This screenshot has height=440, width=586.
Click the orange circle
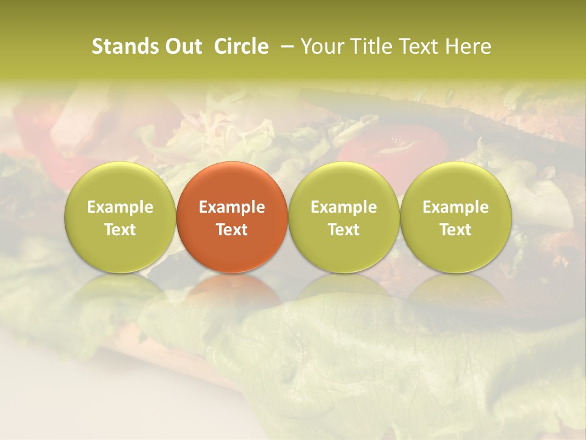pyautogui.click(x=232, y=217)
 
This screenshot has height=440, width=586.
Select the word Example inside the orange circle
pyautogui.click(x=232, y=207)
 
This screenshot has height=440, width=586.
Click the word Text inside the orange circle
pyautogui.click(x=232, y=230)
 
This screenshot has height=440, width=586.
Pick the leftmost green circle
pyautogui.click(x=120, y=217)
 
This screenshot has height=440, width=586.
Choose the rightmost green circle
pyautogui.click(x=456, y=217)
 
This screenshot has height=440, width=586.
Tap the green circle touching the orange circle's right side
pyautogui.click(x=344, y=217)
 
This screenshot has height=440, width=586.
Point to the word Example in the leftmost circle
pyautogui.click(x=120, y=207)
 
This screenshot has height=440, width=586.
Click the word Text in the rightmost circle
pyautogui.click(x=456, y=230)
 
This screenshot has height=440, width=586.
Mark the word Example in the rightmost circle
pyautogui.click(x=456, y=207)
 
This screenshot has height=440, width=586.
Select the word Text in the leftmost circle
pyautogui.click(x=120, y=230)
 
